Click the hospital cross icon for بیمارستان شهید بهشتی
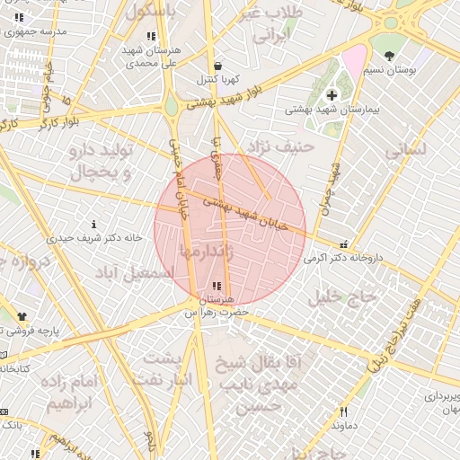[x=332, y=94]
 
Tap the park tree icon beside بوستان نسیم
[x=389, y=56]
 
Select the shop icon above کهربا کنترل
[x=218, y=66]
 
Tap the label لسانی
[x=409, y=151]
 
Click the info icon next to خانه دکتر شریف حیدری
[x=94, y=224]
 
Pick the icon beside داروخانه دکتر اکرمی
[x=342, y=243]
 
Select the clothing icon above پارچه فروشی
[x=22, y=316]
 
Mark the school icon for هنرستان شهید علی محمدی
[x=150, y=37]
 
